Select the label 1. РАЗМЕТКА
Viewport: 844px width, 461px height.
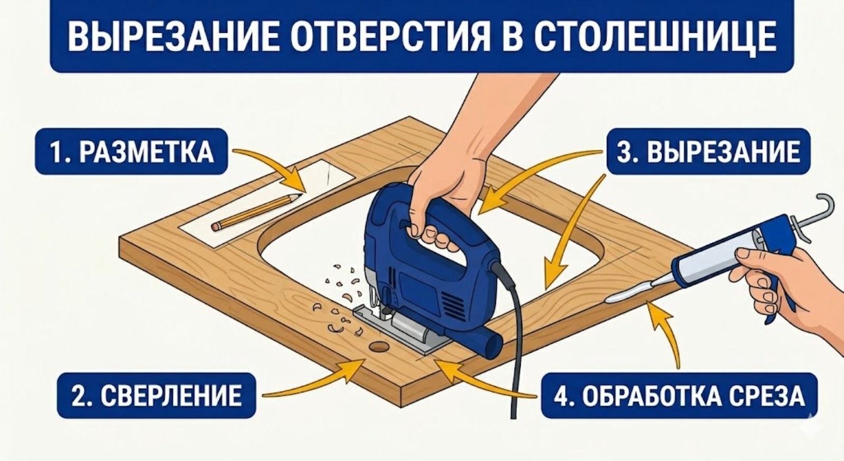(131, 152)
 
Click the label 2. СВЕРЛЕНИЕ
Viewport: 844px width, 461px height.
(156, 396)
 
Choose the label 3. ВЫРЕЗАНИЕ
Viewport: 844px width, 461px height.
(708, 152)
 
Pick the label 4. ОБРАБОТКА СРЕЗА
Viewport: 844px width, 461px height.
(679, 396)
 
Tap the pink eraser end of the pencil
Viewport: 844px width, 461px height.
(215, 226)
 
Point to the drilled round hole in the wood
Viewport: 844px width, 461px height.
(378, 347)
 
